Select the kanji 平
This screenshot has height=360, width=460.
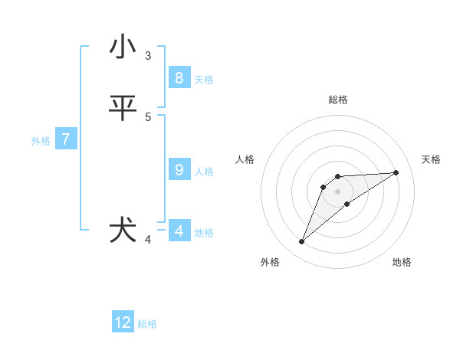123,108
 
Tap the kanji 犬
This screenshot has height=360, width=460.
123,231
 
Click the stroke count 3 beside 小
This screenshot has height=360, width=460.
148,55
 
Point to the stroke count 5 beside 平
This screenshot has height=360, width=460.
148,116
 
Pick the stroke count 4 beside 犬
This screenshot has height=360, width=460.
148,240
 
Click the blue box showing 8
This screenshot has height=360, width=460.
179,78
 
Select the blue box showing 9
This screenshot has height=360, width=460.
179,170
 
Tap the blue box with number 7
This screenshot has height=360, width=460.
66,139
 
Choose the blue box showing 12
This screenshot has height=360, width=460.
123,322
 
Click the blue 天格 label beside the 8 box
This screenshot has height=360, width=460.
204,80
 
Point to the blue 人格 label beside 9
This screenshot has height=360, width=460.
204,172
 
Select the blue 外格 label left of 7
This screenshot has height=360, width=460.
41,141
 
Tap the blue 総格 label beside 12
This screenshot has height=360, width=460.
147,324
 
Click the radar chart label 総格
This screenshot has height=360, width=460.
337,100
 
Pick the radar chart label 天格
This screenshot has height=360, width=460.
431,159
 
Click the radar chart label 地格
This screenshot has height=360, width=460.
402,263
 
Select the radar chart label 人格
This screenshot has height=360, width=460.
245,159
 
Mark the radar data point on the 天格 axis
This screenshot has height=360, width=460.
396,172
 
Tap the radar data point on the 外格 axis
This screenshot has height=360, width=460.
301,242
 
